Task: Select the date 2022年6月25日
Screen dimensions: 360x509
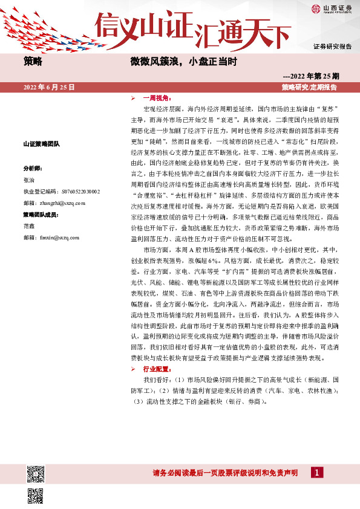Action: pyautogui.click(x=49, y=88)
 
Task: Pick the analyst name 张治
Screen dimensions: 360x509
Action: pyautogui.click(x=29, y=180)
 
